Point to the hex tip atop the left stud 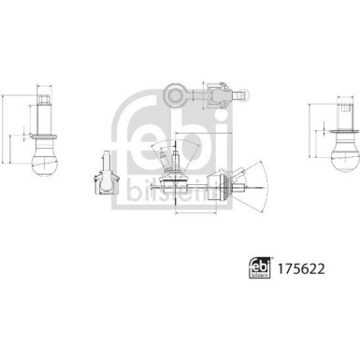pyautogui.click(x=45, y=97)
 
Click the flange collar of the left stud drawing pyautogui.click(x=45, y=130)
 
